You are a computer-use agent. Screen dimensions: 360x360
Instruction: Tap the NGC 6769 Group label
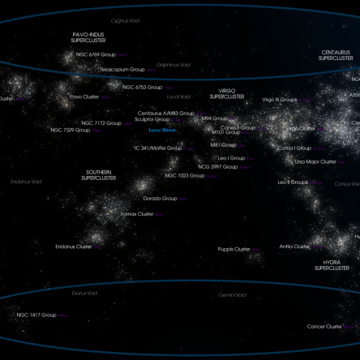click(x=96, y=55)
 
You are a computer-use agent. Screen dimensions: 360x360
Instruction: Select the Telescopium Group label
click(x=122, y=70)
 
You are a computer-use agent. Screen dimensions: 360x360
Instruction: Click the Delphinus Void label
click(x=174, y=65)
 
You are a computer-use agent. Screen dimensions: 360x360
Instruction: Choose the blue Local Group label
click(x=162, y=130)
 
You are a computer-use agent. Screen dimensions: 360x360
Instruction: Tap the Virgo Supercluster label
click(x=226, y=94)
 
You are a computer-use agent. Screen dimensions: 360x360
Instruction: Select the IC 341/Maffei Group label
click(x=157, y=148)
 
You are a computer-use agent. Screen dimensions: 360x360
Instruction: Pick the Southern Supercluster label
click(x=99, y=175)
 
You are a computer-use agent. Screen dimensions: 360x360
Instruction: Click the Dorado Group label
click(x=160, y=199)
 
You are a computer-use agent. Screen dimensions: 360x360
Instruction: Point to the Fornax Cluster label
click(x=136, y=214)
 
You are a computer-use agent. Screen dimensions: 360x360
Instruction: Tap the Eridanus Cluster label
click(x=74, y=246)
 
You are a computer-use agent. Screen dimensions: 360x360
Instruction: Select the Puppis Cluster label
click(x=234, y=249)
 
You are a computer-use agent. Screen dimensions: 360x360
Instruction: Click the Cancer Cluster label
click(x=324, y=327)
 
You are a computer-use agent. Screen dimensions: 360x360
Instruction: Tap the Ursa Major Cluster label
click(x=315, y=161)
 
